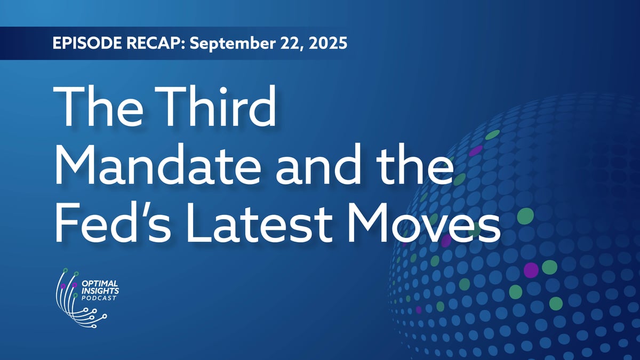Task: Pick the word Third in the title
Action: (x=216, y=106)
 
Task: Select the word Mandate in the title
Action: (x=157, y=165)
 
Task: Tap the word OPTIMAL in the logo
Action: (x=100, y=284)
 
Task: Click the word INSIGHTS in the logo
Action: (x=100, y=291)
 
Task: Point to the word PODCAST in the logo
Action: (x=99, y=298)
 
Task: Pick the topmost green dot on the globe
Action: (x=493, y=134)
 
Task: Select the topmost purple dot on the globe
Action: (x=475, y=150)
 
